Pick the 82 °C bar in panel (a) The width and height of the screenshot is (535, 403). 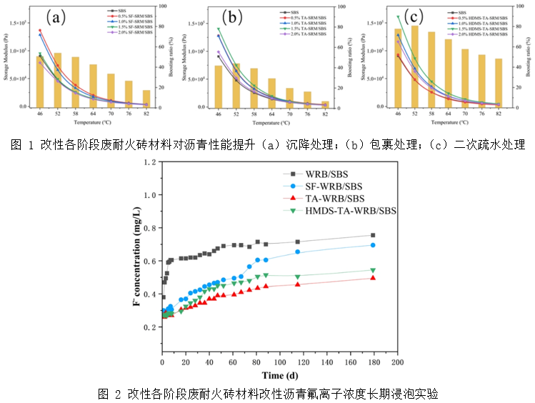pyautogui.click(x=146, y=99)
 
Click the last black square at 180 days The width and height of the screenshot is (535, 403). pyautogui.click(x=373, y=235)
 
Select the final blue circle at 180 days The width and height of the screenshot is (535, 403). pyautogui.click(x=373, y=245)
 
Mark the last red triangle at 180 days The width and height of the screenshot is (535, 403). pyautogui.click(x=373, y=278)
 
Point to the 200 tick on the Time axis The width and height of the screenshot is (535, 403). pyautogui.click(x=396, y=362)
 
